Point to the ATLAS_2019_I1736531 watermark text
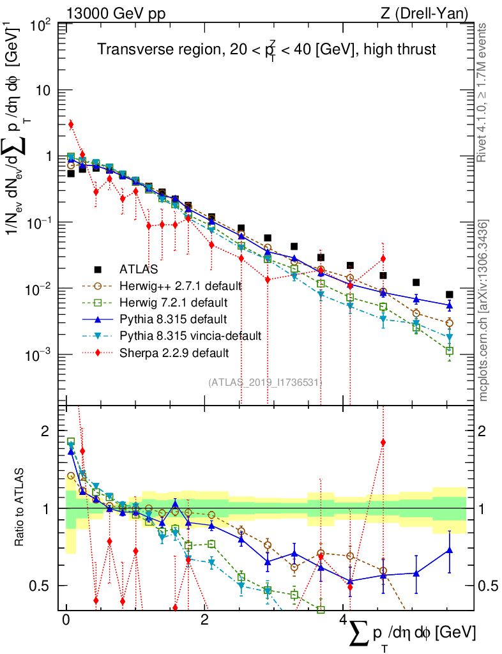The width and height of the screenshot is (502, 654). coord(265,382)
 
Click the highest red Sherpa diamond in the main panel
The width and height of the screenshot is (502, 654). coord(71,124)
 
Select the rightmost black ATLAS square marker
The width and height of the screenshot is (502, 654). coord(450,294)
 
